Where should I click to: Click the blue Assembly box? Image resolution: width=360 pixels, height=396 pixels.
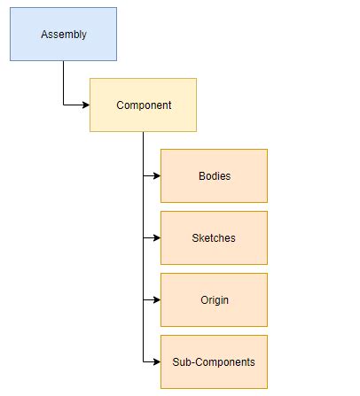click(x=63, y=35)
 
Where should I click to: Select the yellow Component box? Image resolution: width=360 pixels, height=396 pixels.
click(x=143, y=105)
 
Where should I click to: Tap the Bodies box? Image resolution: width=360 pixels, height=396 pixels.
click(x=214, y=175)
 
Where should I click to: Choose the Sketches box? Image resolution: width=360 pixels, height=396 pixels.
click(x=214, y=237)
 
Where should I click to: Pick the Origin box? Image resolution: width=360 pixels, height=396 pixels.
click(x=214, y=299)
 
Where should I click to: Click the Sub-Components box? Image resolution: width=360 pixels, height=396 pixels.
click(x=214, y=361)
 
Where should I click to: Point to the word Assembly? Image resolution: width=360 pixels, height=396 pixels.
click(x=63, y=35)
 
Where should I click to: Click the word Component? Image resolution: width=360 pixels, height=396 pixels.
click(x=144, y=105)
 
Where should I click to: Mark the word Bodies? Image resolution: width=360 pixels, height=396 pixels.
click(x=215, y=175)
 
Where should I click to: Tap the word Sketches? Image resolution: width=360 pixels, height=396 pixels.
click(x=214, y=237)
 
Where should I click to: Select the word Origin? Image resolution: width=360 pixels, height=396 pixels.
click(x=215, y=299)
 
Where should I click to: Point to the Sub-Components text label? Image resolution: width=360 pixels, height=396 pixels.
click(x=214, y=361)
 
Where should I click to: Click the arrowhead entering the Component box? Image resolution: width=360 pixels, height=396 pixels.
click(x=85, y=105)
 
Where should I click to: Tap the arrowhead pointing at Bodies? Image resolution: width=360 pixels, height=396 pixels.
click(x=156, y=175)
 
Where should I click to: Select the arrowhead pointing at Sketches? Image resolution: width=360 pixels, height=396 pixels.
click(x=156, y=237)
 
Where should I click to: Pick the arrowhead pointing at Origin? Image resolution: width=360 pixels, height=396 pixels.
click(x=156, y=299)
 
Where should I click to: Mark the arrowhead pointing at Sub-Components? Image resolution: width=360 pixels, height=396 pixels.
click(x=156, y=361)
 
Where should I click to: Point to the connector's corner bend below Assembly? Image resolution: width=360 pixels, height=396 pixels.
click(x=63, y=105)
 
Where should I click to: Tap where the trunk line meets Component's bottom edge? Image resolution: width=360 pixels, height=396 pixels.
click(x=143, y=132)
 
